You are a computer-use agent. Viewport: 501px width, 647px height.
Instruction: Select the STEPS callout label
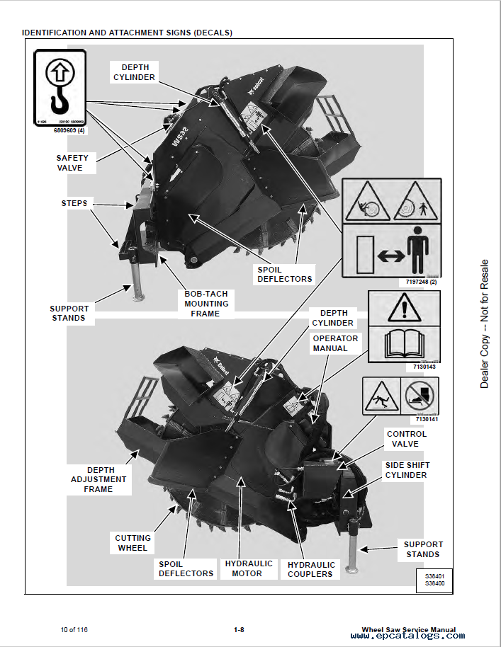pyautogui.click(x=74, y=203)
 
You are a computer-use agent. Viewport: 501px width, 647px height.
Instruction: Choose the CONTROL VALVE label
pyautogui.click(x=407, y=439)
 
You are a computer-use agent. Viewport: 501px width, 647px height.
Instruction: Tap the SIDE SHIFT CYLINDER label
pyautogui.click(x=407, y=470)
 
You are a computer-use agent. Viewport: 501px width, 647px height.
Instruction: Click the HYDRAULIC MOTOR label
pyautogui.click(x=249, y=568)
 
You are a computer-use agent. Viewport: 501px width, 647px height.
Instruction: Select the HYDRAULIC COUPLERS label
pyautogui.click(x=311, y=569)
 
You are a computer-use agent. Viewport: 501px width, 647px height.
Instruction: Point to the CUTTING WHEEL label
pyautogui.click(x=133, y=543)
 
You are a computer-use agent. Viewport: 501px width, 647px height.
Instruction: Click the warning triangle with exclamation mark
pyautogui.click(x=402, y=309)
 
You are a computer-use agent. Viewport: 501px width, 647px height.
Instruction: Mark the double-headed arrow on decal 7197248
pyautogui.click(x=392, y=256)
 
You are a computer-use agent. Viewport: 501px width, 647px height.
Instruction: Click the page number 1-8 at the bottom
pyautogui.click(x=239, y=629)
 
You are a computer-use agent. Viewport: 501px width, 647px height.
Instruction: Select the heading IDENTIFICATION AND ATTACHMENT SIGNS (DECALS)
pyautogui.click(x=127, y=33)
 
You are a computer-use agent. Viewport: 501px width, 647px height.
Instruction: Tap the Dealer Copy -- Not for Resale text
pyautogui.click(x=485, y=323)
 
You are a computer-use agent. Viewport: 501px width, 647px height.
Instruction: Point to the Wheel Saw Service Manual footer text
pyautogui.click(x=408, y=629)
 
